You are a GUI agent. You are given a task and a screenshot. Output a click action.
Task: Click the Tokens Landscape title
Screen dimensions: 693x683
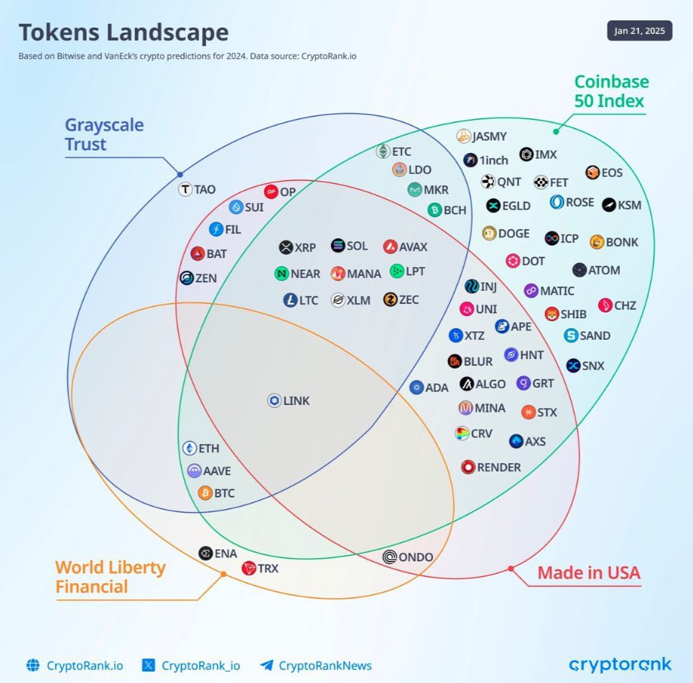124,32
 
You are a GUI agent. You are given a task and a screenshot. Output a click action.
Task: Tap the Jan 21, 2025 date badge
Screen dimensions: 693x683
639,31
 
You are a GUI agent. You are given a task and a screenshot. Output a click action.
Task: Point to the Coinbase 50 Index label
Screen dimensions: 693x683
611,91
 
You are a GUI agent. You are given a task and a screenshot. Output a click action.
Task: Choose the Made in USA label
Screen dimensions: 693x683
588,573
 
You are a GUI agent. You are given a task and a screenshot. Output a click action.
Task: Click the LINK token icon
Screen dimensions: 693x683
274,401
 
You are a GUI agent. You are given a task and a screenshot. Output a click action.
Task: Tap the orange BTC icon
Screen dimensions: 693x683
205,493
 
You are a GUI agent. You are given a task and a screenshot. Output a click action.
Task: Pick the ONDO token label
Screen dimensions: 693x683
416,557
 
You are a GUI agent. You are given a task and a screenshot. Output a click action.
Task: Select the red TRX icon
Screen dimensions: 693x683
248,569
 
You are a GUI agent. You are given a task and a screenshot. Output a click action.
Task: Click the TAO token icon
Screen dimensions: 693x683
185,190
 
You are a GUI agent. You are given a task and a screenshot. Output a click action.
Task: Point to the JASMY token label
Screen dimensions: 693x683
489,136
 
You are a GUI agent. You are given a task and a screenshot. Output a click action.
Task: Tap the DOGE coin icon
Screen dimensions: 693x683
490,233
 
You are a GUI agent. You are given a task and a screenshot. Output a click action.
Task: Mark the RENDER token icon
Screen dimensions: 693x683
468,468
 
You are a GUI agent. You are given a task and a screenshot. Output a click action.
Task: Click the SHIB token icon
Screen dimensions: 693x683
552,314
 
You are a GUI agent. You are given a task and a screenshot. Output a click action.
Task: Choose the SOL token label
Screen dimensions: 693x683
357,246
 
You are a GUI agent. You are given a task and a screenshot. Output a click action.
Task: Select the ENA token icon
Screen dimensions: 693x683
205,553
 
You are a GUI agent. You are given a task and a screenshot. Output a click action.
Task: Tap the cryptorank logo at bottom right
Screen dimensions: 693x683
620,664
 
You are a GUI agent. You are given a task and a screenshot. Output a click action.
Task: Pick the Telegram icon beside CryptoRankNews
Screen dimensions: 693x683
267,665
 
